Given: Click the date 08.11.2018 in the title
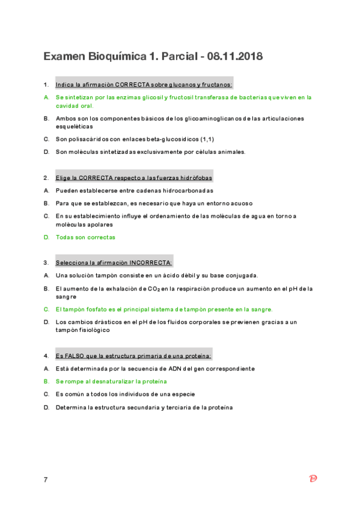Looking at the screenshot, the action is point(234,57).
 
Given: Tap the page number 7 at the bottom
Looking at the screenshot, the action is point(46,479).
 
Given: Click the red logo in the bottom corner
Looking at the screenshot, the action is point(313,479).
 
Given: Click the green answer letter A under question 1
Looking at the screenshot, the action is point(46,97).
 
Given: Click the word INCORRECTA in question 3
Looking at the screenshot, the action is point(150,263).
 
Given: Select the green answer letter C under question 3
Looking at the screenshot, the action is point(46,309).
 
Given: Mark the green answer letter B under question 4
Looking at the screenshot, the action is point(46,381).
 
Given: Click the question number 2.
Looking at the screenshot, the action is point(46,178).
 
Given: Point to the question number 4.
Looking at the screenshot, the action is point(46,356).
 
